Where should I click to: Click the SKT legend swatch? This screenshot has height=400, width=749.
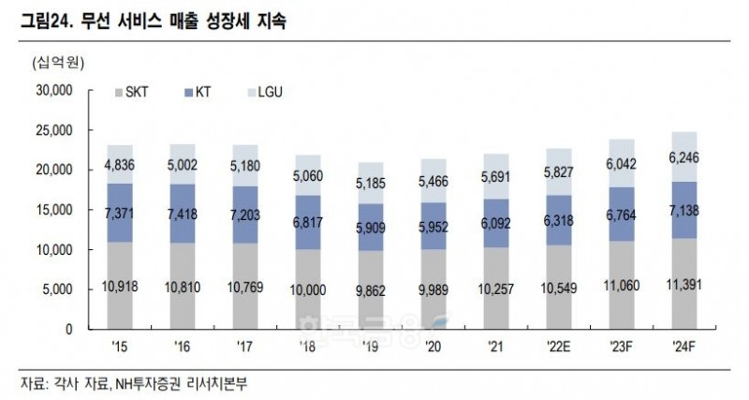[118, 94]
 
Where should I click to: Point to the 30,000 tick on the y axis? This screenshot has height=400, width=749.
[53, 91]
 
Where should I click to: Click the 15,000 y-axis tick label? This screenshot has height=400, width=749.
[53, 211]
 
